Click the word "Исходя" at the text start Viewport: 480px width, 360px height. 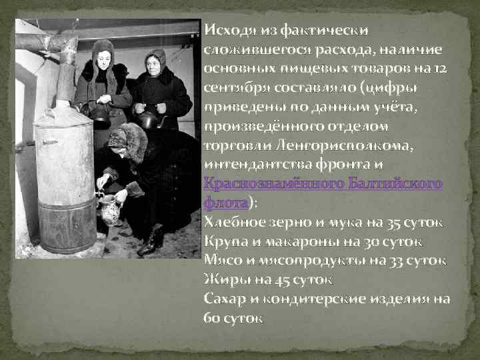click(x=227, y=30)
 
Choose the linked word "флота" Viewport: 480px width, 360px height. click(x=225, y=201)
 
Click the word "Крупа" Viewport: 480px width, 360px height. click(x=225, y=241)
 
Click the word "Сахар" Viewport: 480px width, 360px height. click(x=223, y=298)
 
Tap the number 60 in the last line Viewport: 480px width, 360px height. click(x=213, y=317)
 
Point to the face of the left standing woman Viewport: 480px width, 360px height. click(x=103, y=59)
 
